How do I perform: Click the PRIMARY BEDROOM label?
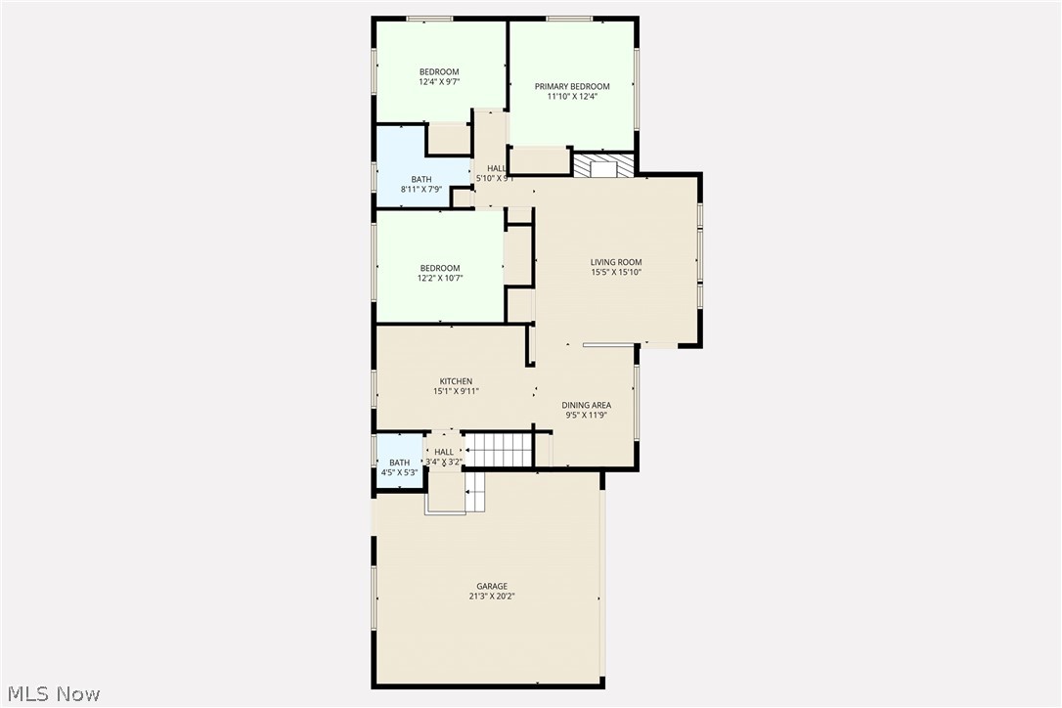572,86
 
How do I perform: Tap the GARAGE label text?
492,586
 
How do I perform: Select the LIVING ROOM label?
616,262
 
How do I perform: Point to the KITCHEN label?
456,381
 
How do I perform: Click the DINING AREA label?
587,405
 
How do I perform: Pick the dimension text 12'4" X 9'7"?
439,82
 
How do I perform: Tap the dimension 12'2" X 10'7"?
440,278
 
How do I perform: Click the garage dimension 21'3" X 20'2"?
492,597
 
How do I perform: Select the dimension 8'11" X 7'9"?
421,189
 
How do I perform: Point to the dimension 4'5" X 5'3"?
399,472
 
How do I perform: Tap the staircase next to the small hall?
499,451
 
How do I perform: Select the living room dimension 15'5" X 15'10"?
616,272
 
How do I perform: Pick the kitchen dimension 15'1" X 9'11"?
456,391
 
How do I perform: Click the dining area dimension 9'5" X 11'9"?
587,415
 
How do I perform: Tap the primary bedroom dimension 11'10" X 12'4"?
572,96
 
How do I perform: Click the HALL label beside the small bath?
444,452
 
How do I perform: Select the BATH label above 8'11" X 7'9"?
421,179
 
